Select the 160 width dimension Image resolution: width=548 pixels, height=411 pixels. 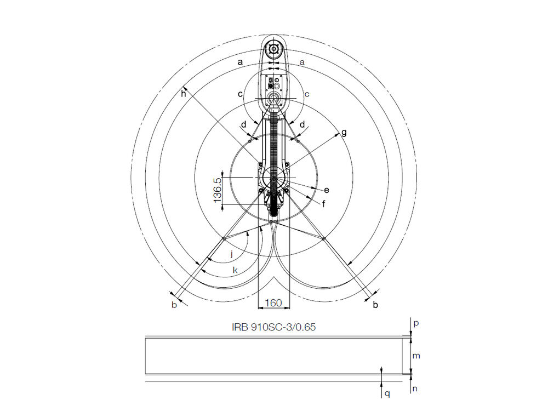click(x=273, y=302)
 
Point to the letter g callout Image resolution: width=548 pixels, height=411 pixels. click(x=344, y=133)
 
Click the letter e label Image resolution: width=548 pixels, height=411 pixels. click(x=327, y=190)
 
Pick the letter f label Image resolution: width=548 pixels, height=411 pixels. click(x=323, y=204)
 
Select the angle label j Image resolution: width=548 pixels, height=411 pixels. click(x=232, y=254)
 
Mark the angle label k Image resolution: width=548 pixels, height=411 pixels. click(x=235, y=270)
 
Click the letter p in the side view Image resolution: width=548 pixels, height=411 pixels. click(x=415, y=323)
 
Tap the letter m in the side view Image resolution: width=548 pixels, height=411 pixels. click(x=416, y=356)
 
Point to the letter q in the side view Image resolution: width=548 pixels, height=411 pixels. click(x=387, y=393)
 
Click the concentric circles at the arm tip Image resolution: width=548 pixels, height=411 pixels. click(x=273, y=49)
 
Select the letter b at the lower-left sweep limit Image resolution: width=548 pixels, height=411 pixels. click(x=174, y=305)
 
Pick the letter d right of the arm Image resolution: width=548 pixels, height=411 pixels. click(x=302, y=124)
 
